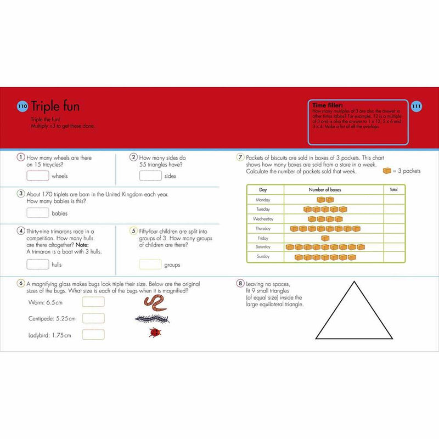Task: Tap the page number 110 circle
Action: (22, 106)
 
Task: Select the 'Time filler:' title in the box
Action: (328, 105)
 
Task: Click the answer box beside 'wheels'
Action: (38, 176)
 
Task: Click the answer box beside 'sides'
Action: (150, 176)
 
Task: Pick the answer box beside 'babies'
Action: (38, 213)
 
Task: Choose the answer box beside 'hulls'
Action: (38, 264)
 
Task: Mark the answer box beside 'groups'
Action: (150, 264)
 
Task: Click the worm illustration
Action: (155, 302)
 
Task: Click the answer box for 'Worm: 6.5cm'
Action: (93, 302)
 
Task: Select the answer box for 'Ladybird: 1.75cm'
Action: (93, 335)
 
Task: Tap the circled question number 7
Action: (240, 157)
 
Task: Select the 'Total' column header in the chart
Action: (393, 189)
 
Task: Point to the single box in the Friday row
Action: (325, 238)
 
